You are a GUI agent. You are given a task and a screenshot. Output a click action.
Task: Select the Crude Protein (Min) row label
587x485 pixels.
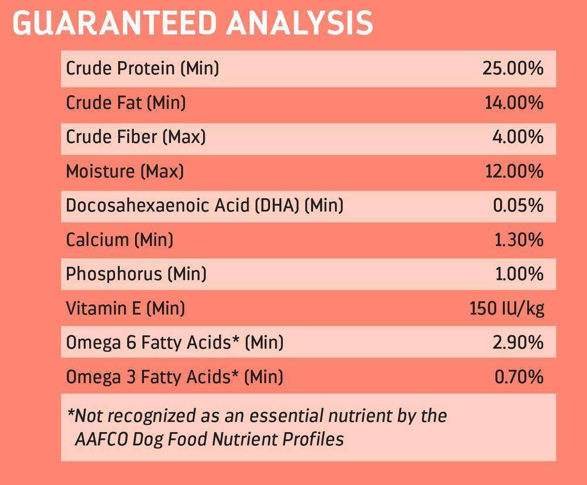point(142,68)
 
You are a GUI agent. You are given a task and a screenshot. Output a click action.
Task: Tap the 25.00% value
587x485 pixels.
point(512,68)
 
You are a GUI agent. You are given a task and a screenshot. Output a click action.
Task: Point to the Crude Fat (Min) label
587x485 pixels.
point(126,103)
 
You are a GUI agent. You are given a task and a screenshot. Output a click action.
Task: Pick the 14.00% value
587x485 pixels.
point(514,103)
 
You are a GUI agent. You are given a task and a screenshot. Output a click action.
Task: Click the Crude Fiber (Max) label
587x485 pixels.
point(136,137)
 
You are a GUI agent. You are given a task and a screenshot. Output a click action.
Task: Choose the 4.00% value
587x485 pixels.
point(518,137)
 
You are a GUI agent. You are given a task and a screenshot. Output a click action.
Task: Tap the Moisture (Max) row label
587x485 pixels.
point(124,171)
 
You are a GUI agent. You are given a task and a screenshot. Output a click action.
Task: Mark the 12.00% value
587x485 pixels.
point(513,171)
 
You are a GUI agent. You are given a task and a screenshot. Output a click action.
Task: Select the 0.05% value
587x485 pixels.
point(518,205)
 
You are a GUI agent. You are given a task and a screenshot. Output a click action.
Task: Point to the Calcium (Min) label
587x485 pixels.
point(119,239)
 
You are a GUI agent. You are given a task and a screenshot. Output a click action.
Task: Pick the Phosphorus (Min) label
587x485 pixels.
point(136,273)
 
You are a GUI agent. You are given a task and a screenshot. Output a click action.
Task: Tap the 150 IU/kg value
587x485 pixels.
point(507,308)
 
